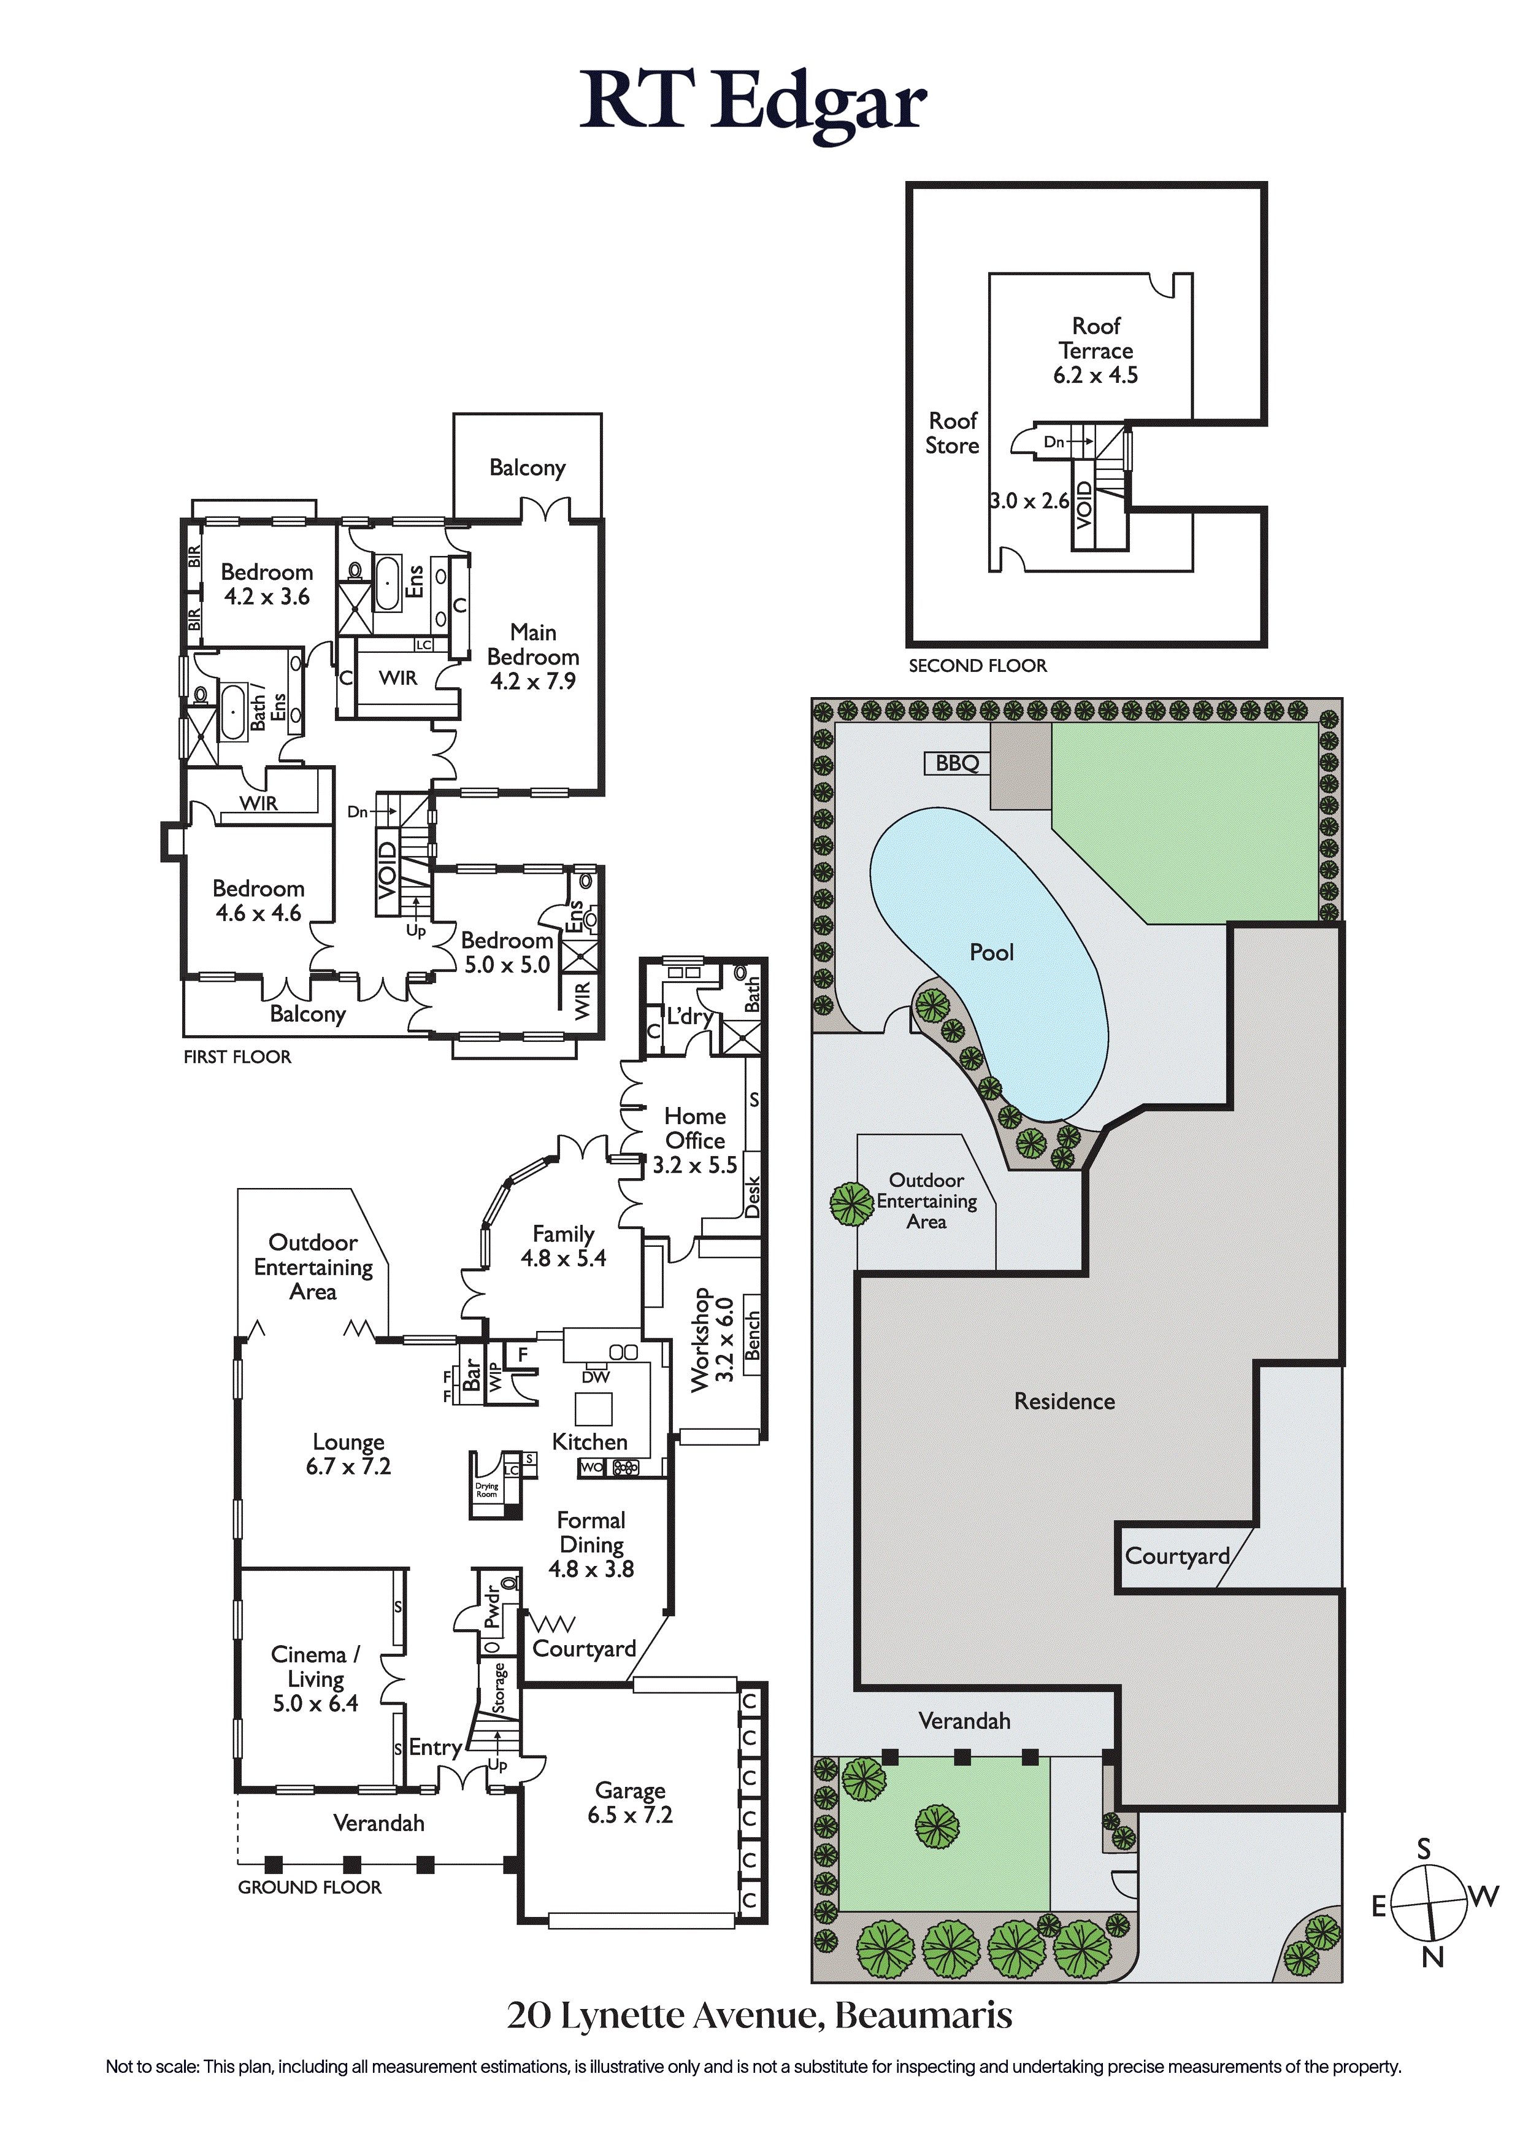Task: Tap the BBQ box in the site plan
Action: pyautogui.click(x=957, y=763)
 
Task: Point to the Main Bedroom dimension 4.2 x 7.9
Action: pyautogui.click(x=533, y=681)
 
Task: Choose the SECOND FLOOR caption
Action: pyautogui.click(x=977, y=665)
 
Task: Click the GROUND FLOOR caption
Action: pyautogui.click(x=309, y=1887)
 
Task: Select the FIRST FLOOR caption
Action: pyautogui.click(x=237, y=1056)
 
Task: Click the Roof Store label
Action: pyautogui.click(x=952, y=433)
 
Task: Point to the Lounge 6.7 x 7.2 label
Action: pyautogui.click(x=348, y=1454)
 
